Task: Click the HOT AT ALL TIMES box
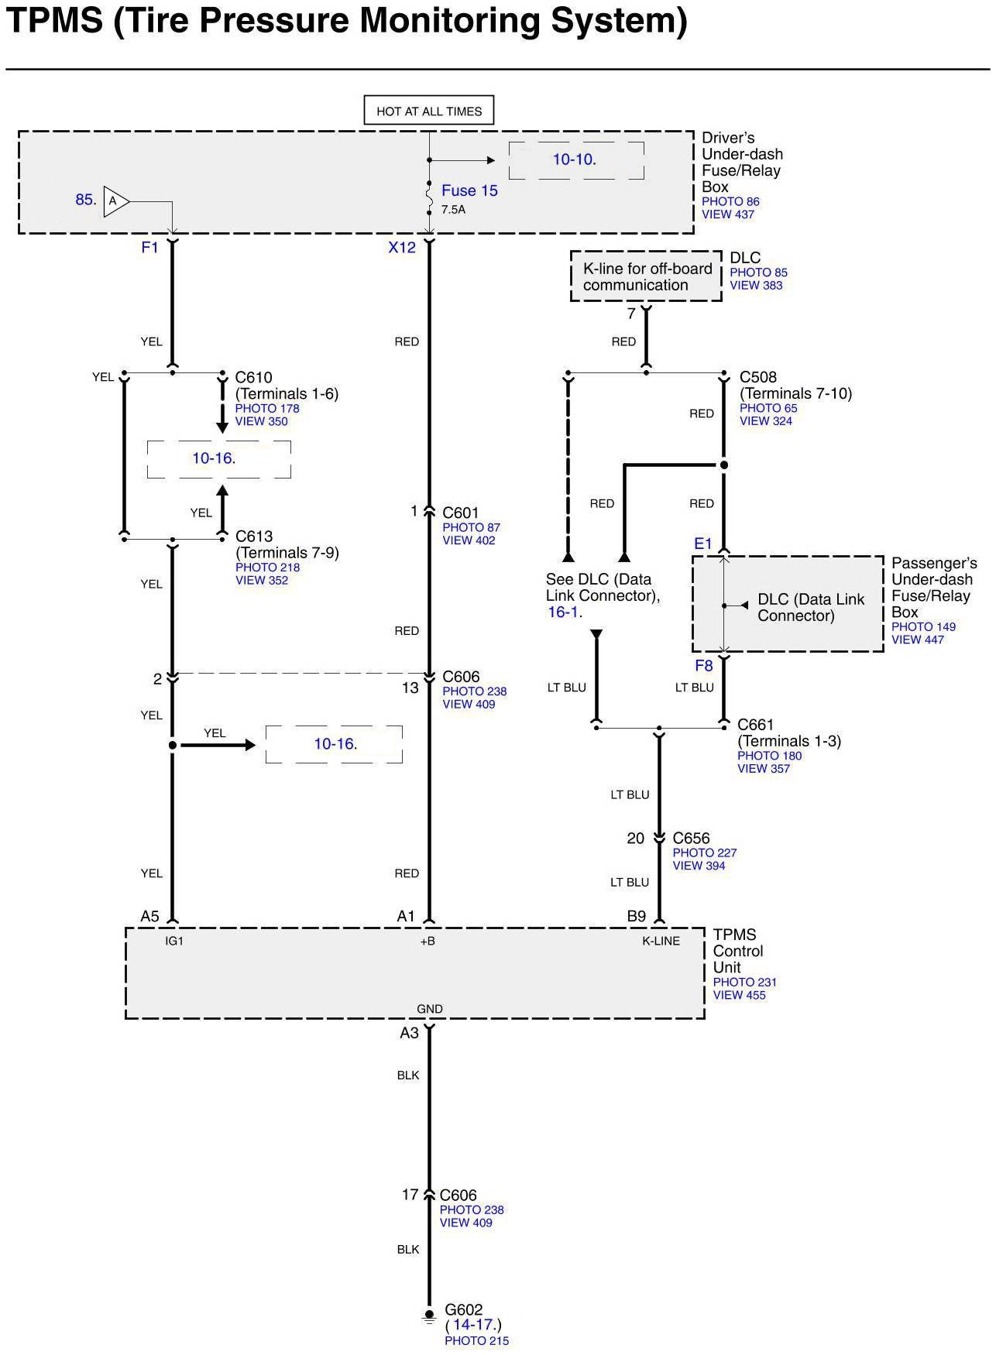click(429, 111)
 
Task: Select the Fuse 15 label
click(469, 190)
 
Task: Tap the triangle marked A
click(115, 201)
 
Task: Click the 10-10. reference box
click(575, 160)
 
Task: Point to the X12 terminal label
click(402, 248)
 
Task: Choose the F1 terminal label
click(149, 248)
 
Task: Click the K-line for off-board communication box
click(646, 276)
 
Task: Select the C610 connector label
click(254, 378)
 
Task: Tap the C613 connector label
click(254, 537)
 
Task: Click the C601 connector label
click(461, 513)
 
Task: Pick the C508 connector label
click(757, 377)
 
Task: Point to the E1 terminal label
click(702, 544)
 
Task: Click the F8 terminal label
click(703, 666)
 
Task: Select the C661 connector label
click(755, 725)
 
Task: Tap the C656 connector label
click(691, 838)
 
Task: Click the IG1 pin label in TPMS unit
click(174, 941)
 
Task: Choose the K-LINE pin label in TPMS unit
click(661, 941)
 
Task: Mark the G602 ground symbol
click(428, 1316)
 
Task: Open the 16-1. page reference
click(564, 612)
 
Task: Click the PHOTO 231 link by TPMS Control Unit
click(744, 982)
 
